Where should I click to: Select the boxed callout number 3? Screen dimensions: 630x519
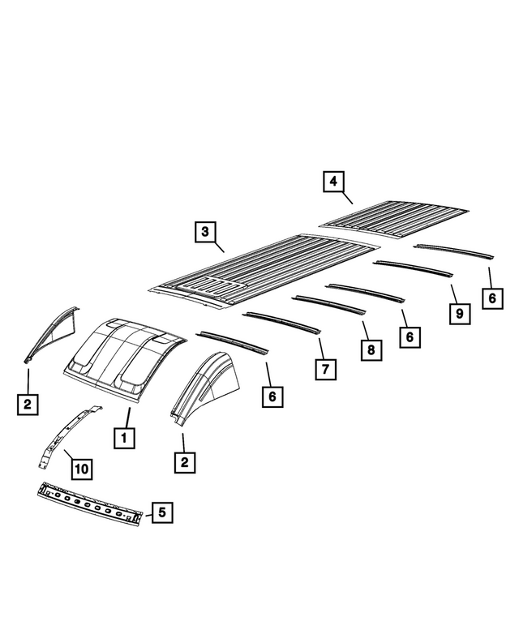point(205,232)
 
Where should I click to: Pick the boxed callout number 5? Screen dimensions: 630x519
point(161,512)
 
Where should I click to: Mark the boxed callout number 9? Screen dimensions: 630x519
point(459,312)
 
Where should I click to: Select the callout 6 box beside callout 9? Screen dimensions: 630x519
point(491,298)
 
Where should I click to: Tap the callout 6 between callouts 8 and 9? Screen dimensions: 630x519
point(410,336)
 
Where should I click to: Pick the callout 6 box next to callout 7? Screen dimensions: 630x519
point(272,396)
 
